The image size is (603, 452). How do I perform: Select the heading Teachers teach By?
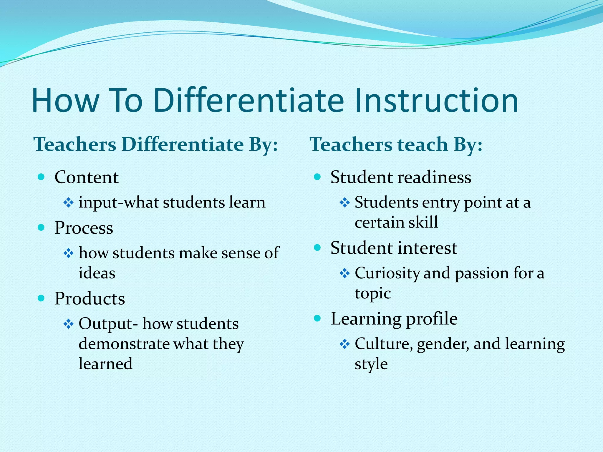click(x=396, y=144)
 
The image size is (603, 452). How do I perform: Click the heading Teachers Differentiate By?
click(x=156, y=144)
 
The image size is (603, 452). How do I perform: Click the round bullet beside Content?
click(x=41, y=177)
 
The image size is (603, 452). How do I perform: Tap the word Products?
click(x=90, y=299)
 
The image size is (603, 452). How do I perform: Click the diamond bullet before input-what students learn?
click(x=68, y=203)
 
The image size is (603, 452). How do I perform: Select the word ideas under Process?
click(x=97, y=273)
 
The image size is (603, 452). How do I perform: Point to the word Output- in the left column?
click(x=108, y=324)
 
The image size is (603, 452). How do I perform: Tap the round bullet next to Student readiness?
click(x=317, y=177)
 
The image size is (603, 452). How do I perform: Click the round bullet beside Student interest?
click(x=317, y=247)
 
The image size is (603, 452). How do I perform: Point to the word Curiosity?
click(x=387, y=273)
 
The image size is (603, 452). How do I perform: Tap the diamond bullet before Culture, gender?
click(x=344, y=344)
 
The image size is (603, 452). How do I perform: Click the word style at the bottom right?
click(x=371, y=364)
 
